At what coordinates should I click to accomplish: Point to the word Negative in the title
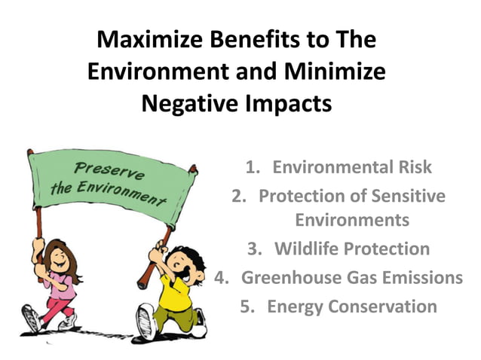tap(188, 103)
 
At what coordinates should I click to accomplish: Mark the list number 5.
tap(247, 307)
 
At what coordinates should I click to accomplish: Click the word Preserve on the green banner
tap(102, 165)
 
